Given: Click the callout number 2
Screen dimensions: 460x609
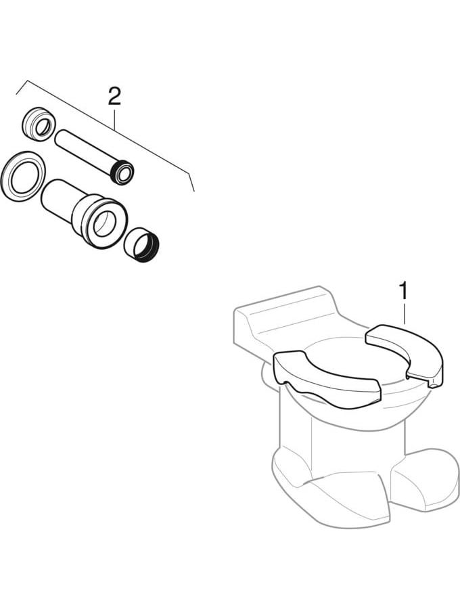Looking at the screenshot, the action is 114,96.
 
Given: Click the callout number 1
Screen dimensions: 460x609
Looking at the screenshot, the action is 404,291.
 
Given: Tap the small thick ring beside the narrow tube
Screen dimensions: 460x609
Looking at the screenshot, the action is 38,123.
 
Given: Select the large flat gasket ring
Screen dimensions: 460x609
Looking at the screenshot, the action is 23,177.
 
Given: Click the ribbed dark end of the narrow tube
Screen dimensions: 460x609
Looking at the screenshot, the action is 122,172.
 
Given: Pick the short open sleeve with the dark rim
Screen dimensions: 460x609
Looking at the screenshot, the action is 141,246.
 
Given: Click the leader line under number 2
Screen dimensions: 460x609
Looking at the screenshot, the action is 114,119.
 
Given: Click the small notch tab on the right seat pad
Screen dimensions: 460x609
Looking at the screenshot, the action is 434,385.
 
